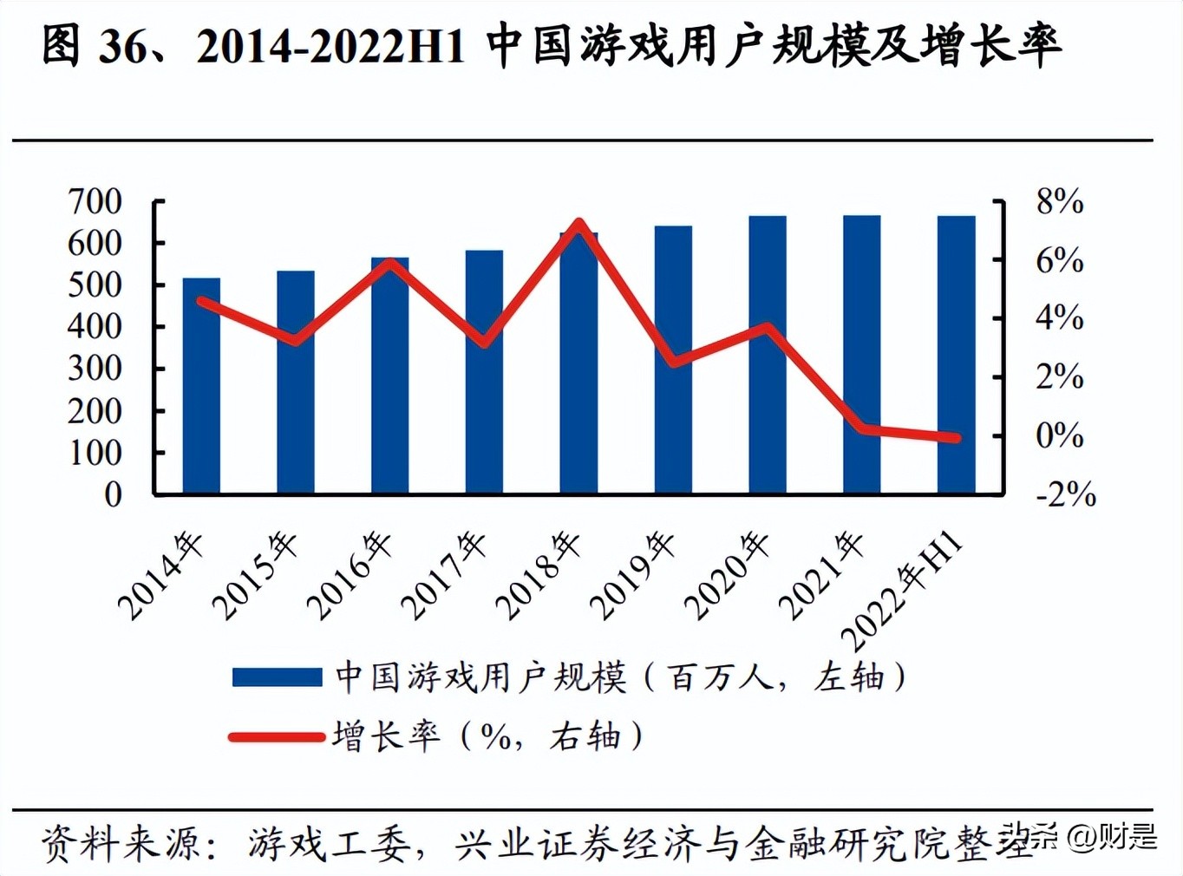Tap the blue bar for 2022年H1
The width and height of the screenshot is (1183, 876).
point(956,355)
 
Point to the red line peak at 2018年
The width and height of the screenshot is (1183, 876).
point(579,224)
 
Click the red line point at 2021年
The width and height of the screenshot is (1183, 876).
point(862,428)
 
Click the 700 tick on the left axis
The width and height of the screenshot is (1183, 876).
point(95,201)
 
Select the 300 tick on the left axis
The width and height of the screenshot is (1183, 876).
point(95,369)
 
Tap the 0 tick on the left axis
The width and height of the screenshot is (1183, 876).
point(113,494)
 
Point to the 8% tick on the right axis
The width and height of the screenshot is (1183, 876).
point(1059,201)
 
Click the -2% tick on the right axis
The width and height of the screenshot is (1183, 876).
point(1065,494)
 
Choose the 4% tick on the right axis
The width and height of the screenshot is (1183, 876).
point(1059,318)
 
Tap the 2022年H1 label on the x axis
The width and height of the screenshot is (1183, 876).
point(904,590)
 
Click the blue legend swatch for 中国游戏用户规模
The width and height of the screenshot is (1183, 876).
point(277,677)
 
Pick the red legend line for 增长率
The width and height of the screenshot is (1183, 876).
point(277,737)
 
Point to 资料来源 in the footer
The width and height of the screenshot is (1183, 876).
point(121,842)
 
